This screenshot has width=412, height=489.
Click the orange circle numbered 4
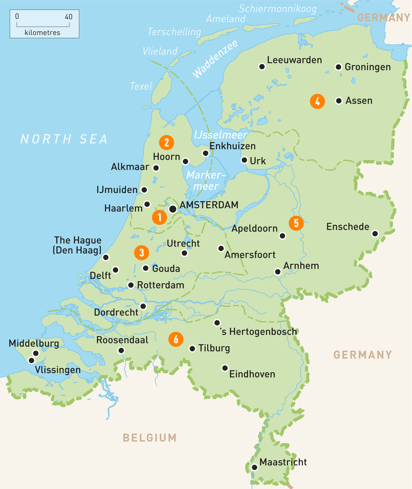317,101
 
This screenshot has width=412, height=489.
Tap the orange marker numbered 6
175,339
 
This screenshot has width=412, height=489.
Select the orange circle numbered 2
167,142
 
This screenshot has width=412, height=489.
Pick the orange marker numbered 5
296,223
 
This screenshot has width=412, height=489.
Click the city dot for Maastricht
254,467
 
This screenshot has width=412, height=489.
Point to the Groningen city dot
338,67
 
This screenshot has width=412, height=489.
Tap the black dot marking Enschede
375,234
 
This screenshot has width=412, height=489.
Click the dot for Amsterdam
173,209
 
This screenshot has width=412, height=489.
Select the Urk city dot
244,160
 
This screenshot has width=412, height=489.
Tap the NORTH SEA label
64,139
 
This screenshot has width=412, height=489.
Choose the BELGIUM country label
149,438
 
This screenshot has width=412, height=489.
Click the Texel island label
141,86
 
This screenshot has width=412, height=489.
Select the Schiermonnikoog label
278,9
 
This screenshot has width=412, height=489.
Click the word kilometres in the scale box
42,33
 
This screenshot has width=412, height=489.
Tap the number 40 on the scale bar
68,16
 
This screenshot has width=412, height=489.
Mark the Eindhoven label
252,374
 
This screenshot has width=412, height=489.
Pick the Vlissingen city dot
32,360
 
